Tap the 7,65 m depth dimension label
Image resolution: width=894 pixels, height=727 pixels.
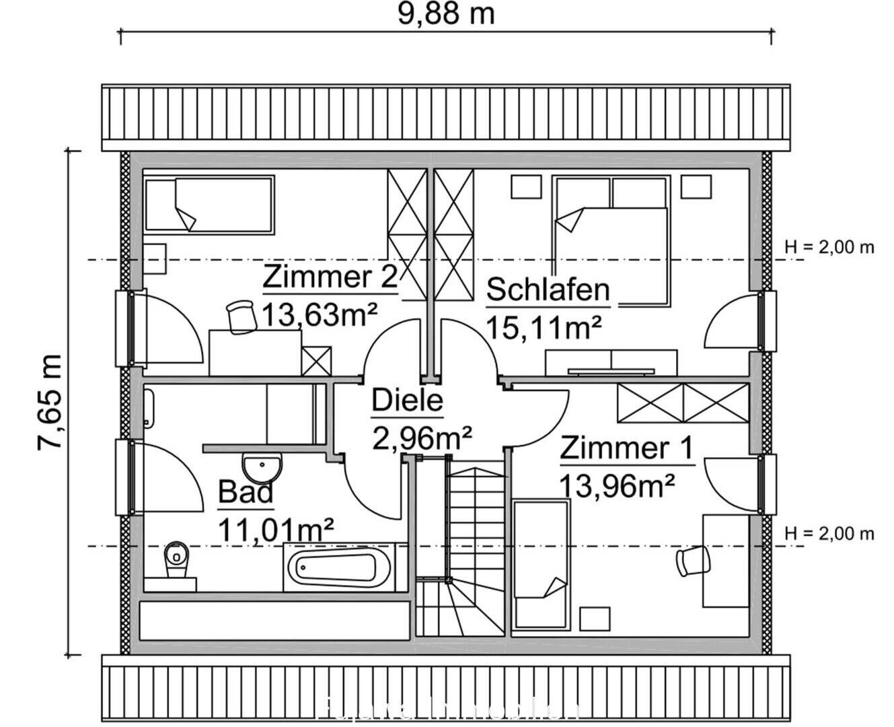[x=50, y=401]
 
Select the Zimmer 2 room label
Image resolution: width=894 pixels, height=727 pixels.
[x=330, y=277]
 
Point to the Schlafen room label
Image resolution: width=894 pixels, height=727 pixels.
[x=548, y=290]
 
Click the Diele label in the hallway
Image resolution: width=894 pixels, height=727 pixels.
[x=407, y=401]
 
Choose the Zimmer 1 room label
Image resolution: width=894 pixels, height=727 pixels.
[x=626, y=448]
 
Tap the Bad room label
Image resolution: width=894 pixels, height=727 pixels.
[x=246, y=493]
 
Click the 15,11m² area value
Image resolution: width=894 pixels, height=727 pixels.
[x=543, y=328]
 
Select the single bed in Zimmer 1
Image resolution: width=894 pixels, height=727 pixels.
[x=540, y=565]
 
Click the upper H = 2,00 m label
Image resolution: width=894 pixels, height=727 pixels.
[x=829, y=247]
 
